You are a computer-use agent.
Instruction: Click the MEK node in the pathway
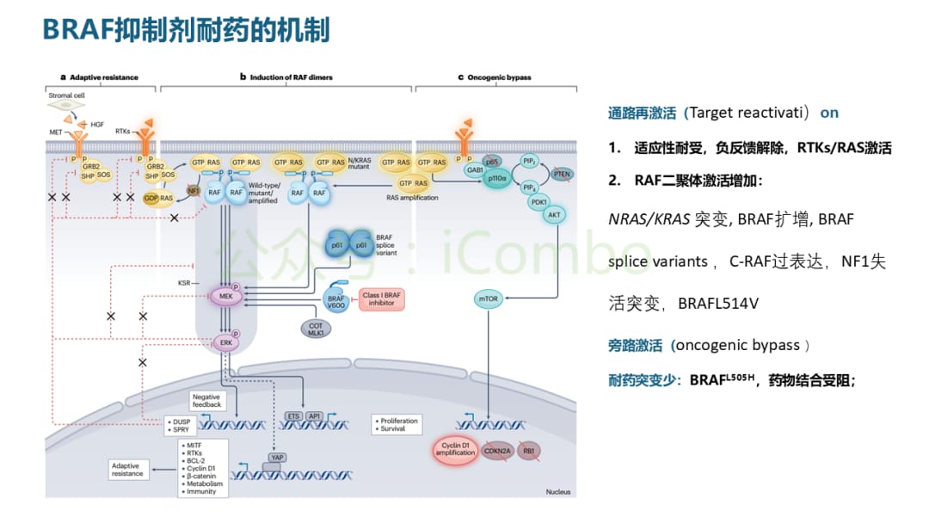coord(227,296)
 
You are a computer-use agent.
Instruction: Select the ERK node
coord(227,342)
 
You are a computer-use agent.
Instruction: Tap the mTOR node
coord(488,298)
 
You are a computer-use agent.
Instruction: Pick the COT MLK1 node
coord(316,329)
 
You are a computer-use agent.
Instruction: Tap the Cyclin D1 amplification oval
coord(453,450)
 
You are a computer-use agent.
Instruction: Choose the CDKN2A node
coord(496,450)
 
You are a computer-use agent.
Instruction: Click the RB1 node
coord(529,450)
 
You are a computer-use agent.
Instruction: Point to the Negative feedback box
coord(206,400)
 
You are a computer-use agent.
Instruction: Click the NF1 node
coord(194,191)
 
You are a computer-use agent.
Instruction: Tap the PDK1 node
coord(540,201)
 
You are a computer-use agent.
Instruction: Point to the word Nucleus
coord(557,491)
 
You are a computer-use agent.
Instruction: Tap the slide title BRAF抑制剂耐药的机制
coord(185,30)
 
